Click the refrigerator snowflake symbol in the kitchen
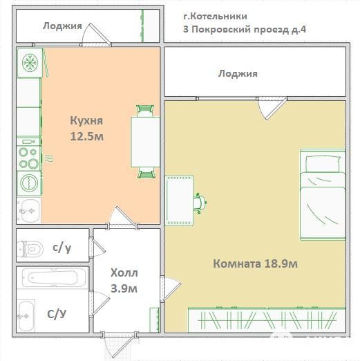tap(30, 62)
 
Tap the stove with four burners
tap(29, 158)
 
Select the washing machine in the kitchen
tap(29, 183)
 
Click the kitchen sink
tap(29, 211)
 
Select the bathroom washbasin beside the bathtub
tap(26, 316)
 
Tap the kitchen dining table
tap(146, 142)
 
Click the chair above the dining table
tap(145, 111)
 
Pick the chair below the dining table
tap(146, 172)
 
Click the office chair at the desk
tap(200, 203)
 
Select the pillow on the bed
tap(323, 163)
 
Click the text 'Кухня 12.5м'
tap(86, 129)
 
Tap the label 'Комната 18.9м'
tap(255, 263)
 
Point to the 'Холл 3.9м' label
tap(124, 280)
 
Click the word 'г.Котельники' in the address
tap(216, 16)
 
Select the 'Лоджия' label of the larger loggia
tap(238, 74)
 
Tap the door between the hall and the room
tap(171, 288)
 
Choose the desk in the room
tap(180, 201)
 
